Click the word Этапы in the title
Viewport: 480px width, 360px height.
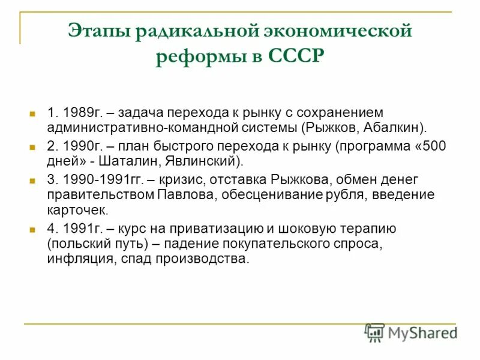click(99, 31)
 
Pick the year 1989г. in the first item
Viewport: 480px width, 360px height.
click(85, 112)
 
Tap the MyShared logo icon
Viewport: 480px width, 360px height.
click(374, 332)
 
